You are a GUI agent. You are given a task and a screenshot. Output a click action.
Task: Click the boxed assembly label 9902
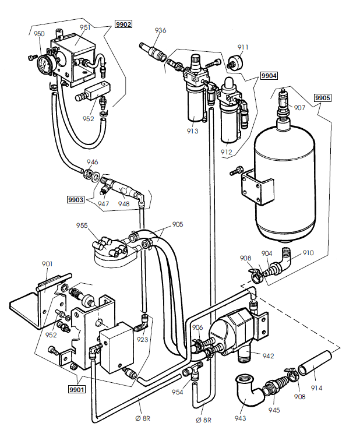click(123, 24)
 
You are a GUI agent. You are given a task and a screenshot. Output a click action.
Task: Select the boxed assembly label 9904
click(269, 76)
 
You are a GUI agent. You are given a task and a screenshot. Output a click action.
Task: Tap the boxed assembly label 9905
click(322, 98)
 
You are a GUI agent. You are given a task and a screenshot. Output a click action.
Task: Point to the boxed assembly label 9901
click(76, 389)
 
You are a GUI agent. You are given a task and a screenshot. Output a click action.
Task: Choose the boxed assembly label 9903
click(76, 199)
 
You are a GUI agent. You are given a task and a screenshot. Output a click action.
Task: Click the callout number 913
click(192, 131)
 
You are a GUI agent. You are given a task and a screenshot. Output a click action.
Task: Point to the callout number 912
click(226, 152)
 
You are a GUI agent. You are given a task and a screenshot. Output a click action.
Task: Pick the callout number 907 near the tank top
click(299, 107)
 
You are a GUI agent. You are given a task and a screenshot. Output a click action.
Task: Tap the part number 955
click(82, 225)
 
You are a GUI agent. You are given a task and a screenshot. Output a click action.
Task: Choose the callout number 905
click(177, 224)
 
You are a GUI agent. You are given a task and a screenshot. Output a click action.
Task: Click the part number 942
click(268, 355)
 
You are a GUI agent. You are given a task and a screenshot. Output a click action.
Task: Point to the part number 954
click(177, 392)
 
